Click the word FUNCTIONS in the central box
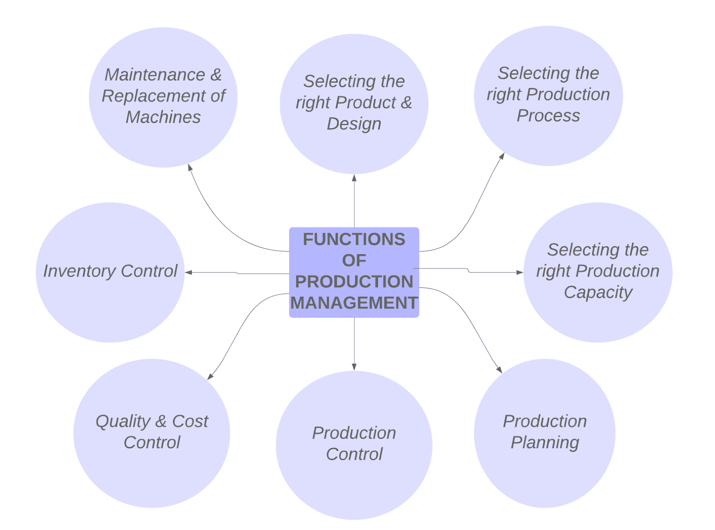[354, 240]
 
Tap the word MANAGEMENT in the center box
[354, 303]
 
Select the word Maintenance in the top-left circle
[155, 75]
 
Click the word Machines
[163, 117]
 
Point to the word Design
[354, 124]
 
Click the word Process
[548, 116]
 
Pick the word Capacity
[598, 292]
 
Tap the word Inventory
[80, 271]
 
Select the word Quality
[123, 421]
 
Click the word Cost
[190, 421]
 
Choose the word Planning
[545, 442]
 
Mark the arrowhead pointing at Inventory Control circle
[189, 272]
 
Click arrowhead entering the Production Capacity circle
[520, 272]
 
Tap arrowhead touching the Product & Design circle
[354, 178]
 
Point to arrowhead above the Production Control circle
[354, 367]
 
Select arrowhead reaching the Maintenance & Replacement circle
[190, 167]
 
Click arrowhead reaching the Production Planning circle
[500, 370]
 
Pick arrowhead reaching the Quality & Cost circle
[210, 376]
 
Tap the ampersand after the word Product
[406, 102]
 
